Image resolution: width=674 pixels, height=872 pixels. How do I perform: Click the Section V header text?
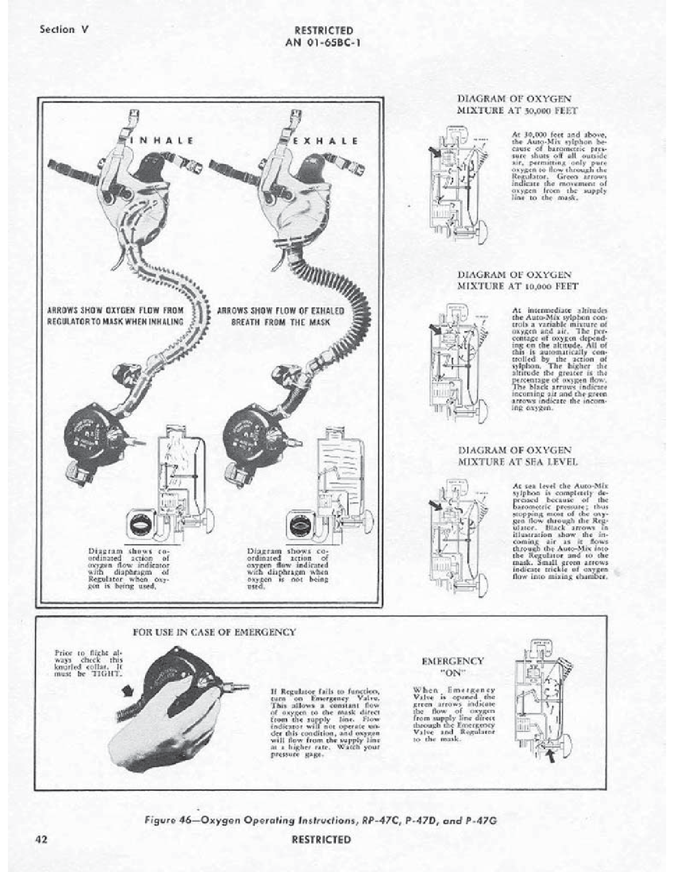pyautogui.click(x=64, y=30)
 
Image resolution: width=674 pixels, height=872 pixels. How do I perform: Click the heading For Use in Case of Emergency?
pyautogui.click(x=214, y=632)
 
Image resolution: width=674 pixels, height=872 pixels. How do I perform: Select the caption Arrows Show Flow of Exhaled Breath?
pyautogui.click(x=281, y=316)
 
